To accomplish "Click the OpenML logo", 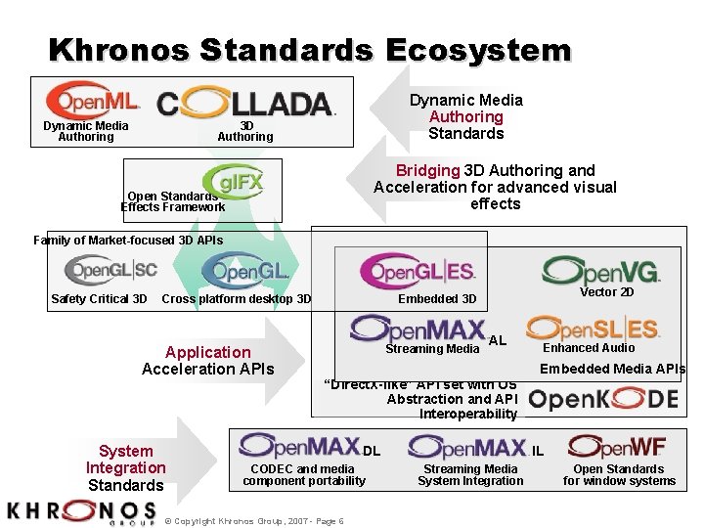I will (x=93, y=100).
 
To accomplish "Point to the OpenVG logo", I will (x=601, y=270).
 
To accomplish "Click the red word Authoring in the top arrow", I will (x=465, y=116).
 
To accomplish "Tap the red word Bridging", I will (x=427, y=170).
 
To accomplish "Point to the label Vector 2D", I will (x=606, y=291).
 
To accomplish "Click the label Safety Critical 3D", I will (x=99, y=298).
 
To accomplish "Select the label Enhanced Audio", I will (x=589, y=347).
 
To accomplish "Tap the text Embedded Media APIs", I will (x=612, y=369).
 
